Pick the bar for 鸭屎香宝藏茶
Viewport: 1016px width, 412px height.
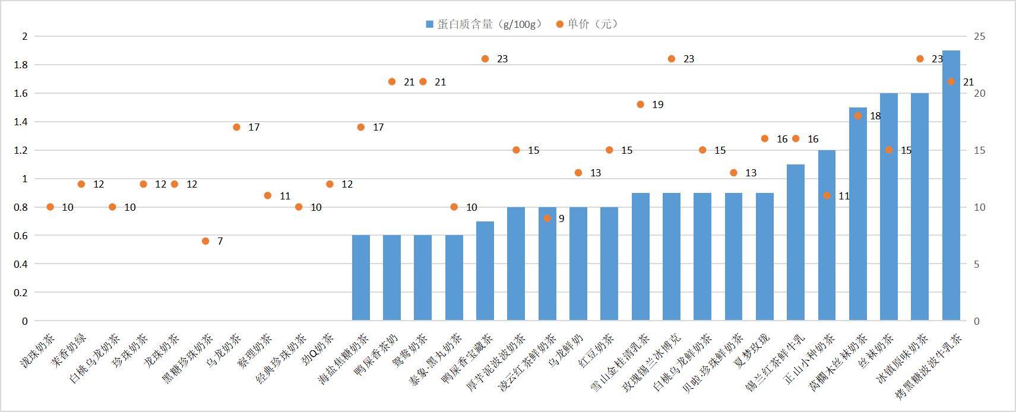pyautogui.click(x=485, y=271)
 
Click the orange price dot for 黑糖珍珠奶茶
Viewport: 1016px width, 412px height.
pyautogui.click(x=205, y=241)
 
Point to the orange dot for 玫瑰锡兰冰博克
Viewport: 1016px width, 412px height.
pyautogui.click(x=672, y=59)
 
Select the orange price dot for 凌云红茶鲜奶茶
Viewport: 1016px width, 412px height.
pyautogui.click(x=547, y=218)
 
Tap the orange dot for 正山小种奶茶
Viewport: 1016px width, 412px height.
pyautogui.click(x=827, y=195)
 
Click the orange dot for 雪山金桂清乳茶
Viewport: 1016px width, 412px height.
pyautogui.click(x=640, y=104)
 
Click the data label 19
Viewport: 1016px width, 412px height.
pyautogui.click(x=657, y=104)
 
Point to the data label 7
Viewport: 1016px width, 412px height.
pyautogui.click(x=220, y=241)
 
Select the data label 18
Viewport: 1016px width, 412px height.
pyautogui.click(x=875, y=116)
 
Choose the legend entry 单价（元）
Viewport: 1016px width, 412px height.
pyautogui.click(x=587, y=24)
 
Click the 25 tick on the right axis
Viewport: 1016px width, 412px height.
pyautogui.click(x=979, y=36)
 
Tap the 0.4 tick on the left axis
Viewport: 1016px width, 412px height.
pyautogui.click(x=21, y=264)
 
